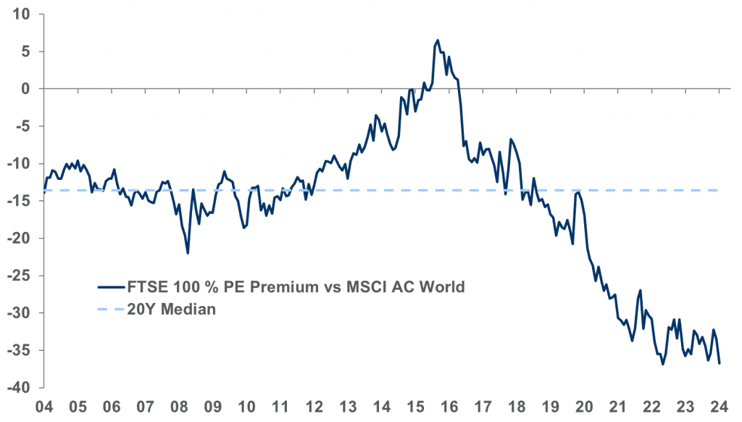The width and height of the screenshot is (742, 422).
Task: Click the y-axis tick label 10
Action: [x=23, y=14]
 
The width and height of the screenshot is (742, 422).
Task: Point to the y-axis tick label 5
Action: [x=28, y=51]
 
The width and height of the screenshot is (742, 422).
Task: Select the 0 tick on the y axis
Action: [x=28, y=88]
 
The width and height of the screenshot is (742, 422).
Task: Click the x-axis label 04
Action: [x=44, y=406]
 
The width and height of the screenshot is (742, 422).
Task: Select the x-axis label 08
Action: [x=179, y=406]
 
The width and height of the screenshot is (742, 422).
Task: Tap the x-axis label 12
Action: [x=314, y=406]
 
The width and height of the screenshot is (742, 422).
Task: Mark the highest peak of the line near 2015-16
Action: [x=438, y=41]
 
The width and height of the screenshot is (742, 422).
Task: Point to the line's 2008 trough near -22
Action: [x=188, y=253]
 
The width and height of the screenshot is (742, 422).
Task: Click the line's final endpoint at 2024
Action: [x=720, y=363]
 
